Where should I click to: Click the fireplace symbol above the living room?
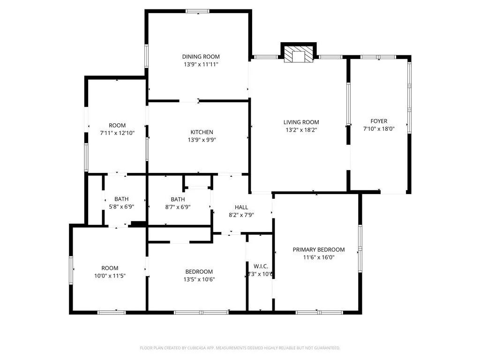(299, 54)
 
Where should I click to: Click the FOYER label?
(379, 121)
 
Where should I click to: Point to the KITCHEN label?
(202, 132)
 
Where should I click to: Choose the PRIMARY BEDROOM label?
(319, 249)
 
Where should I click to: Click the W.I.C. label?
(260, 266)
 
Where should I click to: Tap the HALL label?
(241, 207)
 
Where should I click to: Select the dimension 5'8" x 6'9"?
(121, 207)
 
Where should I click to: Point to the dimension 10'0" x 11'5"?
(110, 276)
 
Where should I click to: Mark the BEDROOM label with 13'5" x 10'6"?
(199, 271)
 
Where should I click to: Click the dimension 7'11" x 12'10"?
(117, 133)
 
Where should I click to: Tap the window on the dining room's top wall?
(197, 11)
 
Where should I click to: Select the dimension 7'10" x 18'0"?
(379, 128)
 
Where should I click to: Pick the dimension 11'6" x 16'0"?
(319, 257)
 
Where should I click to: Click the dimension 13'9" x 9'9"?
(202, 140)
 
